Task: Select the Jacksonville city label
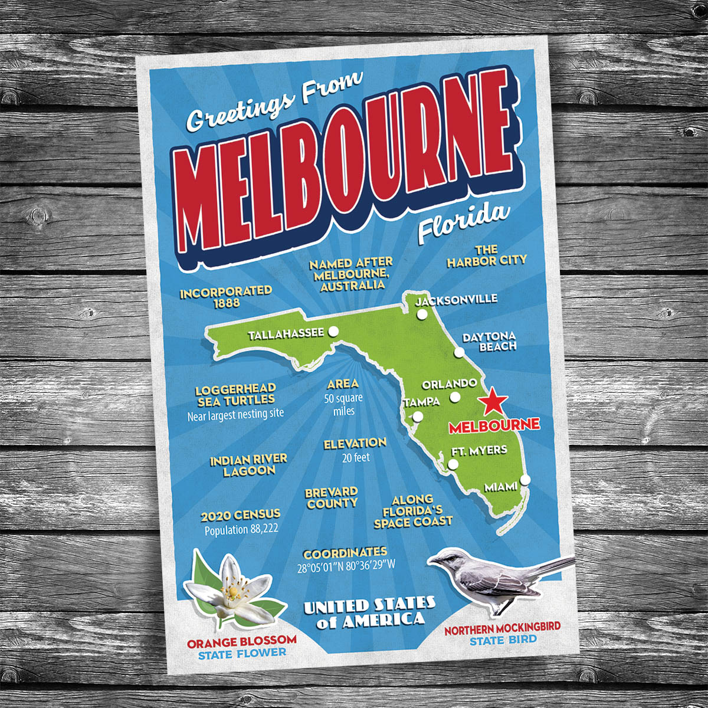[x=456, y=300]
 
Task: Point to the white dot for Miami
[x=525, y=479]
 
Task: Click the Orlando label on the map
[x=449, y=383]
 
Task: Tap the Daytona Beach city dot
[x=458, y=353]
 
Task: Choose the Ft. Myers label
[x=479, y=450]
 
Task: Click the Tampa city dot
[x=418, y=417]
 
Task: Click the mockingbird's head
[x=447, y=558]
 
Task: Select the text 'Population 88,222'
[x=241, y=530]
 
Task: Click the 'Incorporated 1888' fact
[x=226, y=297]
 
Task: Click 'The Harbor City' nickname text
[x=487, y=255]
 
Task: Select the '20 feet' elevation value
[x=355, y=457]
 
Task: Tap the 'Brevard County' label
[x=332, y=497]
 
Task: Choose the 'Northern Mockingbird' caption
[x=502, y=628]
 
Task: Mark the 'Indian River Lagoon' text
[x=249, y=464]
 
